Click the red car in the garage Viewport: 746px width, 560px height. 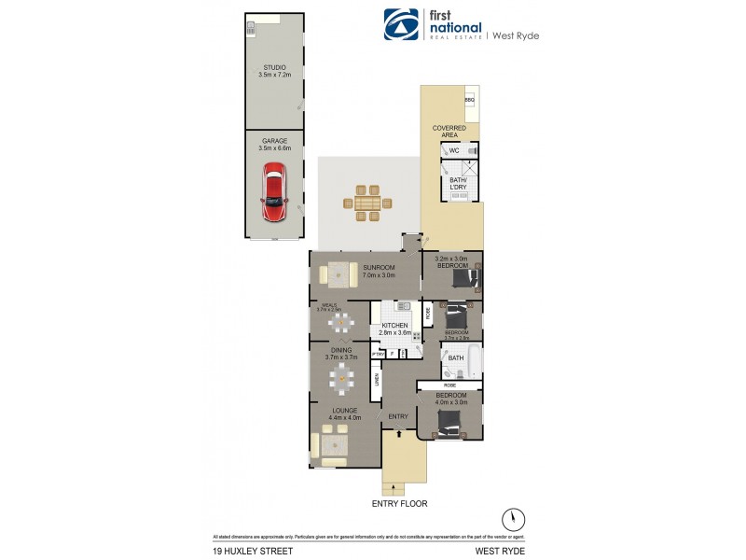coord(273,193)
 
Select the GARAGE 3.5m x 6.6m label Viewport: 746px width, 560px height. coord(273,144)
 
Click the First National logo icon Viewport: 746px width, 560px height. coord(400,25)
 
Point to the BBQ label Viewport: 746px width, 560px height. coord(469,99)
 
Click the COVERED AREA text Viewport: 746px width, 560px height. coord(449,131)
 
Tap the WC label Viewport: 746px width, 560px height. coord(454,150)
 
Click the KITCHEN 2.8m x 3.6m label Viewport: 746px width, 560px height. coord(395,329)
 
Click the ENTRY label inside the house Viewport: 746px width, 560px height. coord(398,415)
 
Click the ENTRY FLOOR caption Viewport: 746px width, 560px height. coord(399,504)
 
